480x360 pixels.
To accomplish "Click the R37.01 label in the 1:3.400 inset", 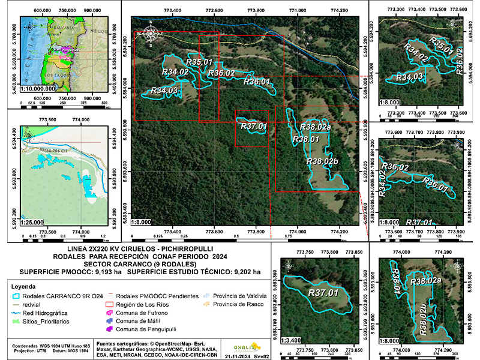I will click(323, 292).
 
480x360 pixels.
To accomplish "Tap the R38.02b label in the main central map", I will click(322, 161).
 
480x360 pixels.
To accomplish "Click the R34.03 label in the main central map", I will click(164, 91).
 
